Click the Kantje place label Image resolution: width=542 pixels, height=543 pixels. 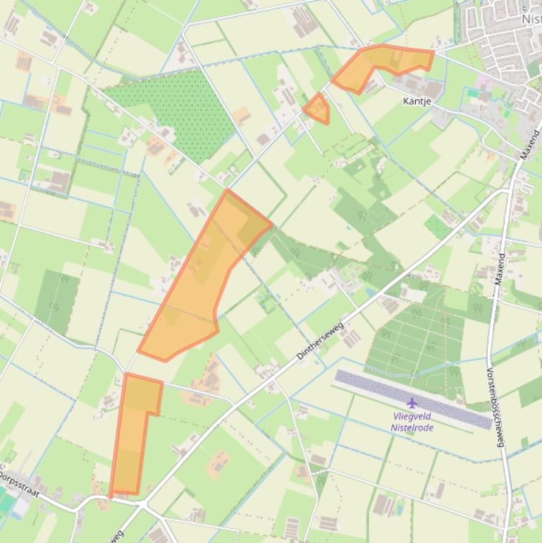pos(417,102)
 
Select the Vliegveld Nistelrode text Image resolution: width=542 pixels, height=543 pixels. pos(412,422)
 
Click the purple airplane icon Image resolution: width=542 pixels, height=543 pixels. pos(412,403)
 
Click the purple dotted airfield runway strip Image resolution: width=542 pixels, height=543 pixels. pos(414,398)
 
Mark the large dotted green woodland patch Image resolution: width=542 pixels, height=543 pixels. pos(176,109)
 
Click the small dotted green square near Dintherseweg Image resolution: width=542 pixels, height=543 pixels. pos(438,227)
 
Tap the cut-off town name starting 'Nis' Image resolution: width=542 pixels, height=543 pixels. pos(532,20)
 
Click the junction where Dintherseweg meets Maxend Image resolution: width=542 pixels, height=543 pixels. pos(509,188)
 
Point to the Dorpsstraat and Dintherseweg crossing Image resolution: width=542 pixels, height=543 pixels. pos(141,505)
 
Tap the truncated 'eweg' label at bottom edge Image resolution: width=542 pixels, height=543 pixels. pos(116,535)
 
